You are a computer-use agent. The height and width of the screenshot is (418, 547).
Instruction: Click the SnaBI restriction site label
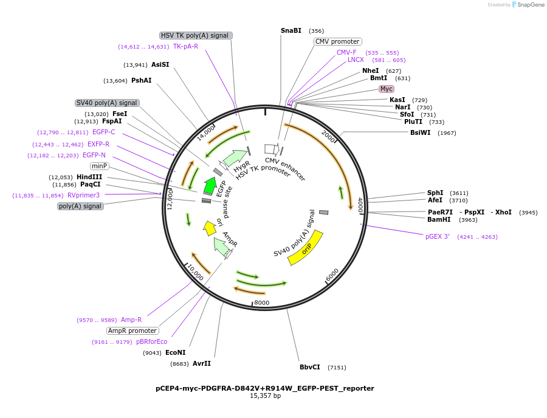click(x=291, y=30)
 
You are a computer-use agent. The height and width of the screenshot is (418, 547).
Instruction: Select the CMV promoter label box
click(x=337, y=41)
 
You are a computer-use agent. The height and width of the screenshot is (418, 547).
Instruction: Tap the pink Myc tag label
click(x=387, y=89)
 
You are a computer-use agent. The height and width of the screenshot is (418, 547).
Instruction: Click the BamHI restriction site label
click(x=439, y=219)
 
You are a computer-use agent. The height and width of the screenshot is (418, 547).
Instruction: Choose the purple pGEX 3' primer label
click(x=438, y=236)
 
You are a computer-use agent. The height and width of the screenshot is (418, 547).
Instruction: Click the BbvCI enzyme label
click(x=310, y=367)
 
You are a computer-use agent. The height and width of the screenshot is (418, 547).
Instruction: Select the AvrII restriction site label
click(x=202, y=363)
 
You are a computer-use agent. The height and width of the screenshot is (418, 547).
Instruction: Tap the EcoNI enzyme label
click(x=176, y=352)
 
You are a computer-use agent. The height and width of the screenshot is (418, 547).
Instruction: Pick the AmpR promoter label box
click(x=132, y=331)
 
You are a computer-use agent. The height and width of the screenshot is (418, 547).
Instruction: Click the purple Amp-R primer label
click(x=131, y=320)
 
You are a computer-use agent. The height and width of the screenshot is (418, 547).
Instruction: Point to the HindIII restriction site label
click(x=89, y=177)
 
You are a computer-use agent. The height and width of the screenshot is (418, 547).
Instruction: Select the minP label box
click(x=99, y=166)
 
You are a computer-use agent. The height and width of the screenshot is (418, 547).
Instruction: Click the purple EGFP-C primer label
click(x=103, y=132)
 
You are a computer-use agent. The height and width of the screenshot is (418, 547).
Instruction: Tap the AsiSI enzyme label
click(x=160, y=64)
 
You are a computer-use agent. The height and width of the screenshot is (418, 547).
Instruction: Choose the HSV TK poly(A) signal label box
click(x=194, y=35)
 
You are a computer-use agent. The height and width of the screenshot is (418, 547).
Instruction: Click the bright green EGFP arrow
click(x=210, y=185)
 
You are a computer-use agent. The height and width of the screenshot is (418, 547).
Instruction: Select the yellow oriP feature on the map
click(x=305, y=248)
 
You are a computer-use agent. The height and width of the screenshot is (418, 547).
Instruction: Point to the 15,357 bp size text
click(x=265, y=396)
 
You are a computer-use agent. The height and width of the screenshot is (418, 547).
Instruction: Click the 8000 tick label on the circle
click(x=261, y=303)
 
